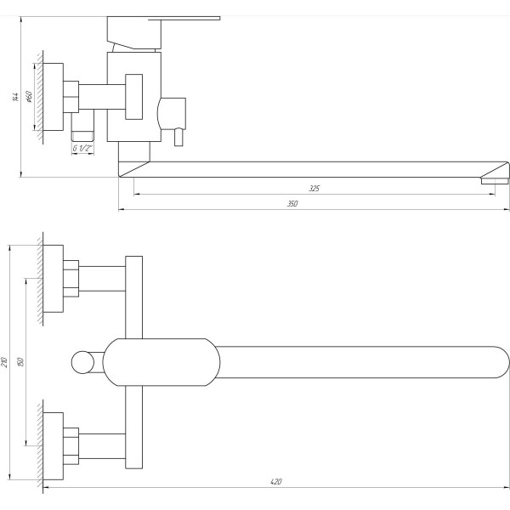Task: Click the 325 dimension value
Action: pos(314,188)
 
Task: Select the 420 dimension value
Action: pos(275,482)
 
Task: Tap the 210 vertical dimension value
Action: pos(5,363)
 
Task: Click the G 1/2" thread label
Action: pos(82,148)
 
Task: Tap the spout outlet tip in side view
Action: pos(493,179)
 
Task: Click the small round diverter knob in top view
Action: pos(82,363)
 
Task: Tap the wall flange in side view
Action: pos(53,96)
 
